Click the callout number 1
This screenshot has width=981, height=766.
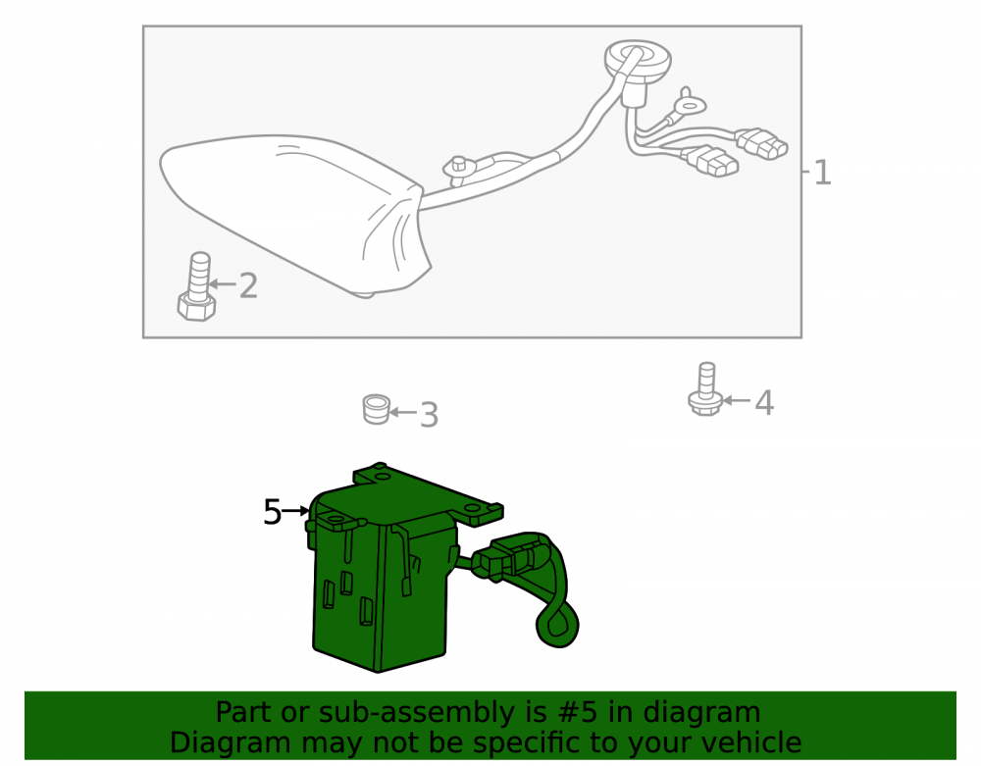[823, 173]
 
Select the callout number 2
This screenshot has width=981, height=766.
[248, 285]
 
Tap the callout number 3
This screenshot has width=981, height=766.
[429, 415]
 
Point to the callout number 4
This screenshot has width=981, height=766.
[764, 403]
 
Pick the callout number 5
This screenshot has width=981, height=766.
[272, 512]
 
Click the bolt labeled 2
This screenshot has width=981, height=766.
[198, 287]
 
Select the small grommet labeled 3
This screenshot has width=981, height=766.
[377, 410]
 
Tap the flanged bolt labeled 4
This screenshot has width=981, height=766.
[705, 389]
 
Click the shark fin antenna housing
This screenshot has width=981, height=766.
[294, 213]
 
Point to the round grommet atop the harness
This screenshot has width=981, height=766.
[638, 61]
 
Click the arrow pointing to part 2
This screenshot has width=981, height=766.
[222, 284]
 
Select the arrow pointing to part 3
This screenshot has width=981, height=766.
[403, 412]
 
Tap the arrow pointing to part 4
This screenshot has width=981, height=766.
[737, 400]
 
